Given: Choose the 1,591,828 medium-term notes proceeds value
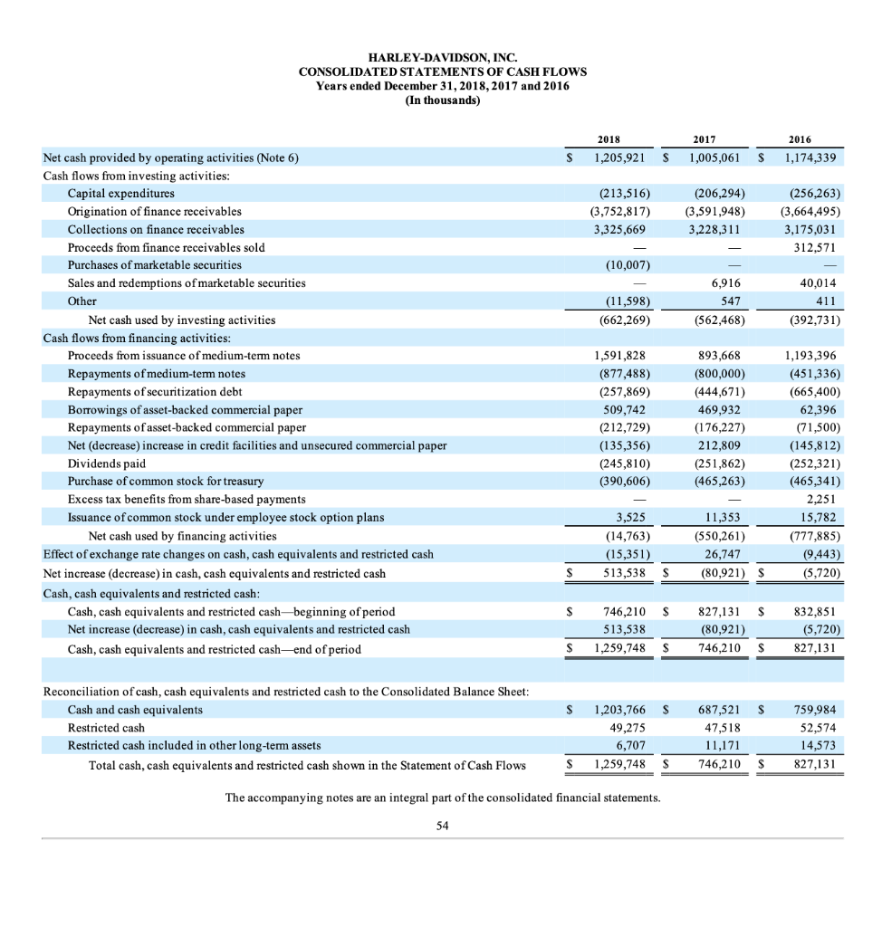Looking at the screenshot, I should point(620,356).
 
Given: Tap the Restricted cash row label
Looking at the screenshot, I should point(106,727).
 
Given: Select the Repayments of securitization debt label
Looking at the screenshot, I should point(156,391).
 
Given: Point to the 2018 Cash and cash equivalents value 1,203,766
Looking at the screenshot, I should point(622,709).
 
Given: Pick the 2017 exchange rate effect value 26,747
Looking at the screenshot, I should point(724,553).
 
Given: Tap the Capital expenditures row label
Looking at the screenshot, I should point(121,193).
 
